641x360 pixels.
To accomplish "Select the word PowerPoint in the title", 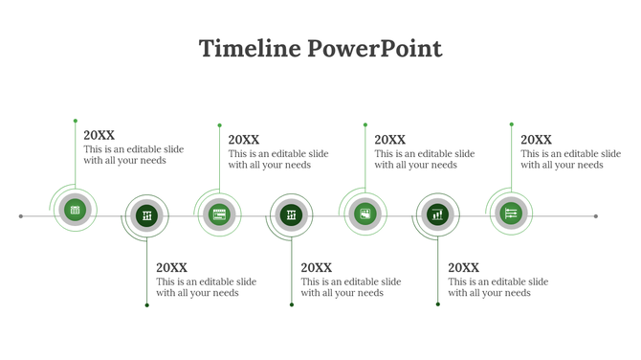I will click(375, 49).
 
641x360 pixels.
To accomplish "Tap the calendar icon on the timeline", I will click(76, 210).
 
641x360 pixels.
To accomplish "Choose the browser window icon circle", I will click(219, 215).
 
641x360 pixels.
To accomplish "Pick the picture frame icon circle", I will click(365, 214).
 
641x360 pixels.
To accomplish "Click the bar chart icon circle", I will click(437, 215).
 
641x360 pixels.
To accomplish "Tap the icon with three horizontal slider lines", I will click(511, 213).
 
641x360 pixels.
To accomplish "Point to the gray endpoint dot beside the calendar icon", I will click(21, 216).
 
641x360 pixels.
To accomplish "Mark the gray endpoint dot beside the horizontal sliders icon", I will click(596, 216).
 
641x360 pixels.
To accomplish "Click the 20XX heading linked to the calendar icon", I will click(99, 136).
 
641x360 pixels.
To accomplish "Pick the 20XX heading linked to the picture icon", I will click(389, 140).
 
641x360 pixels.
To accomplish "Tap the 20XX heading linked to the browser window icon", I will click(244, 140).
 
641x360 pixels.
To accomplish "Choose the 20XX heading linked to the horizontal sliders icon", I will click(536, 140).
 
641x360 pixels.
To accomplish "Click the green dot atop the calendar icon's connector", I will click(76, 121).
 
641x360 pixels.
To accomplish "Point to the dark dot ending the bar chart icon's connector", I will click(438, 304).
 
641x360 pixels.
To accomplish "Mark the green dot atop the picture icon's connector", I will click(365, 124).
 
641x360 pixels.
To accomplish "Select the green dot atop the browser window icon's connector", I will click(219, 124).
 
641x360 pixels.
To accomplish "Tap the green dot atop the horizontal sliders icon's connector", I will click(511, 124).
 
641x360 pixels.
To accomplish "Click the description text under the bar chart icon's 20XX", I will click(497, 287).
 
